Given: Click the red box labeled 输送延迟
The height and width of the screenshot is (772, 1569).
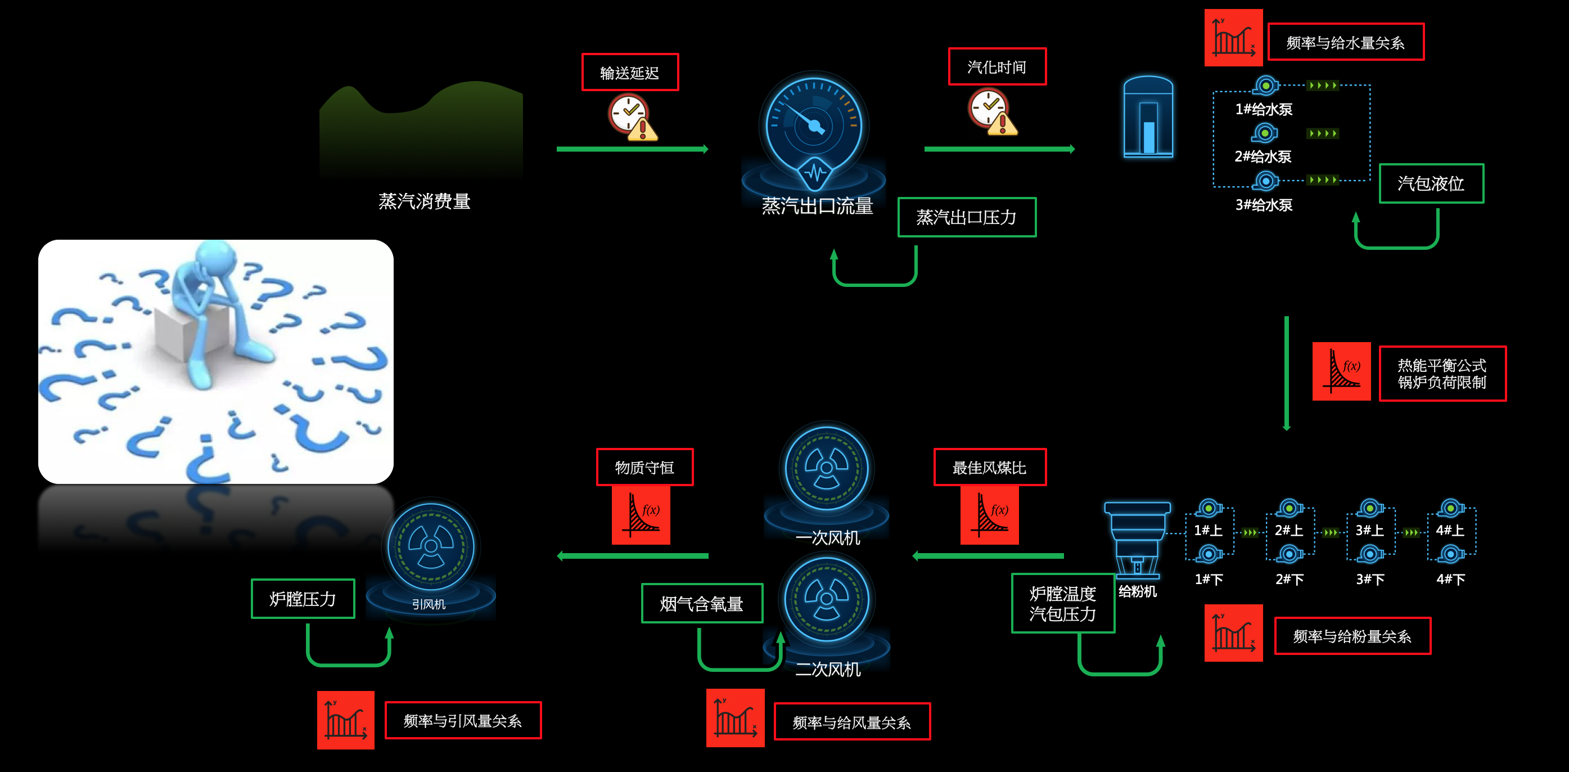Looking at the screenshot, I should pos(630,73).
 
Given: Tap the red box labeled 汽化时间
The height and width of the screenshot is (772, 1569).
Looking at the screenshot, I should pos(997,66).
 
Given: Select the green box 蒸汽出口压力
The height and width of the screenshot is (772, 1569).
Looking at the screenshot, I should pos(967,217).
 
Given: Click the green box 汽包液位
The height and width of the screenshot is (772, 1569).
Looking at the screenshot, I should pos(1431,183).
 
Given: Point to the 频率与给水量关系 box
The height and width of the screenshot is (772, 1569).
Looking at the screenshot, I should pos(1346,42).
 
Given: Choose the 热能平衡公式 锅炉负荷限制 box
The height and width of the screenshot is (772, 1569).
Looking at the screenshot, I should pos(1442,374).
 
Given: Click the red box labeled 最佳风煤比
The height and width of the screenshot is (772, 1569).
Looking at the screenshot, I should pos(990,468).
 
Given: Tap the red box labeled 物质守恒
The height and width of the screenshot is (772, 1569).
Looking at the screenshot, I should pos(644,468).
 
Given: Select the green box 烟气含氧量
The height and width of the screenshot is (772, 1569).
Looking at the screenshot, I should pos(702,603).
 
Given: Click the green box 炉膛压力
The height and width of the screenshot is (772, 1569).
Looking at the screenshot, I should pos(303,598).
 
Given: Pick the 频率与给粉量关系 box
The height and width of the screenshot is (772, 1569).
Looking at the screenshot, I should pos(1352,636).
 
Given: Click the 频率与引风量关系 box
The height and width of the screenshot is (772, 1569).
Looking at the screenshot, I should pos(462,720).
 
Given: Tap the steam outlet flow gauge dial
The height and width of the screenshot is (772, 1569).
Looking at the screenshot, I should pos(814,125).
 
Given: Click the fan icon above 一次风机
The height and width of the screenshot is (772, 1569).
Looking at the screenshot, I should pos(827,468).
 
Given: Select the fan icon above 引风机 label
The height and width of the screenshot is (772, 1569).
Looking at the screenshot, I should pos(431,546).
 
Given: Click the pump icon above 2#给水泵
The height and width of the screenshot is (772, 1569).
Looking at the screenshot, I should pos(1264,133).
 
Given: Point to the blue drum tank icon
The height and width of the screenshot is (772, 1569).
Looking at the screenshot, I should pos(1148,117).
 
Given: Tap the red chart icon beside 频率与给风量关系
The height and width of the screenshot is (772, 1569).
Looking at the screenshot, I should pos(735,718).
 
